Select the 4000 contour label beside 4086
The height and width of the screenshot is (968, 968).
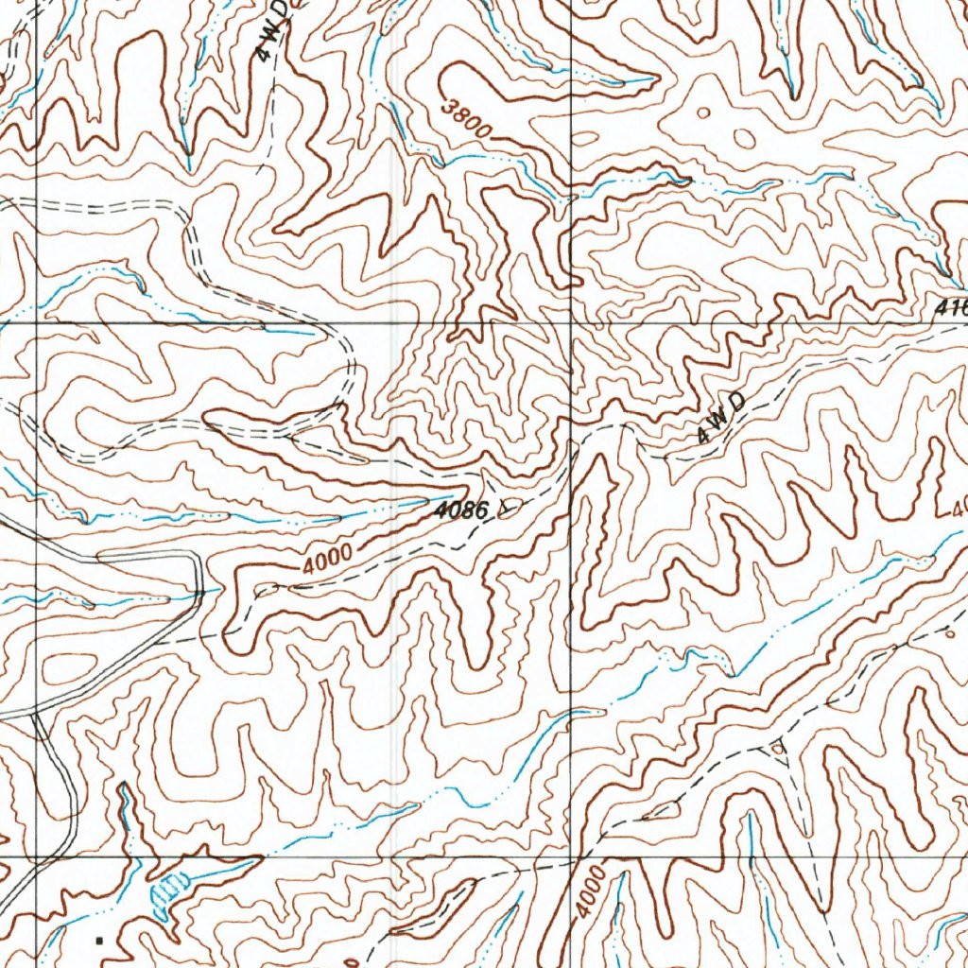click(x=328, y=560)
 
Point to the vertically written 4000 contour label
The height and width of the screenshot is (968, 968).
click(x=587, y=889)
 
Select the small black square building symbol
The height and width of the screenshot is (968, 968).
click(x=98, y=940)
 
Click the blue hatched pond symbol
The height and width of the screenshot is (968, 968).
click(x=169, y=892)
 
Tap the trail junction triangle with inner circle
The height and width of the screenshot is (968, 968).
click(x=777, y=748)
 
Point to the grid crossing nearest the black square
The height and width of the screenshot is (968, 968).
click(x=36, y=858)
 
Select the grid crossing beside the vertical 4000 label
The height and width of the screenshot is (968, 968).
click(x=572, y=858)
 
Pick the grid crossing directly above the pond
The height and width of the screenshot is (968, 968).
click(x=36, y=858)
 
